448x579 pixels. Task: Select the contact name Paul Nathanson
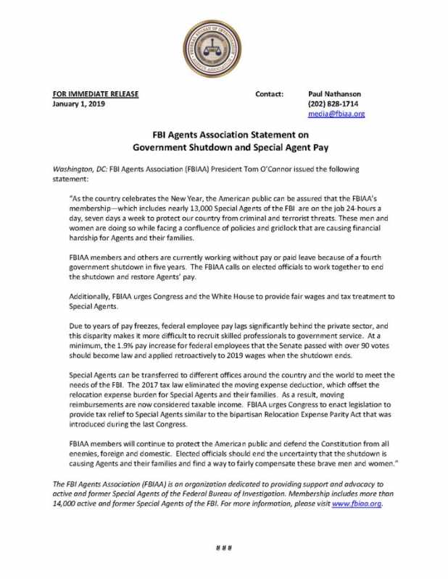tap(334, 94)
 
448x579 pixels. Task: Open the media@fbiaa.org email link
tap(336, 114)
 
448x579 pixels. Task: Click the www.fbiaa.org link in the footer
tap(356, 504)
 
